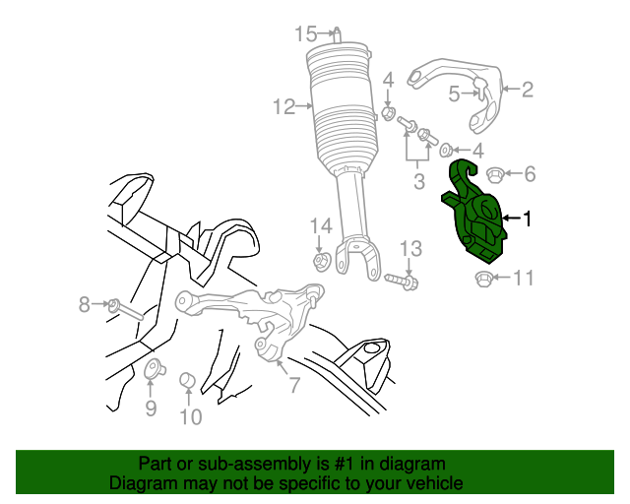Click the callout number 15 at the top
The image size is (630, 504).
[x=306, y=34]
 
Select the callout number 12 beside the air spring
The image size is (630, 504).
[x=284, y=107]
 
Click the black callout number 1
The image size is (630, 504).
[x=527, y=219]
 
